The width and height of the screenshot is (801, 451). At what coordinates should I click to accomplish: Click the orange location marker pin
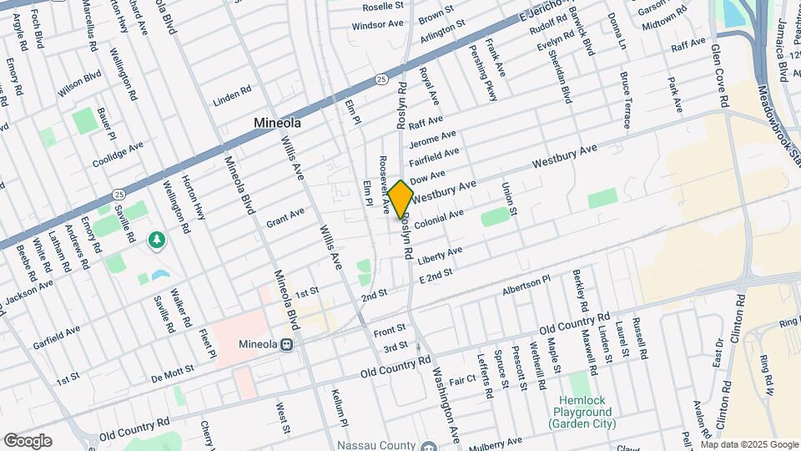(x=400, y=199)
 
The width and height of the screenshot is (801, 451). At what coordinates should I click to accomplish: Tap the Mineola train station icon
(x=286, y=343)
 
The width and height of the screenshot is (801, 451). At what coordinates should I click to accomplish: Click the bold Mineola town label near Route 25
(x=277, y=123)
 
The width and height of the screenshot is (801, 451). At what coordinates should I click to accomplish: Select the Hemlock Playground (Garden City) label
(x=582, y=413)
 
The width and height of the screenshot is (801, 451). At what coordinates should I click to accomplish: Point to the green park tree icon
(x=155, y=241)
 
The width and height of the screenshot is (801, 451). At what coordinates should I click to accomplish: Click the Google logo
(x=28, y=441)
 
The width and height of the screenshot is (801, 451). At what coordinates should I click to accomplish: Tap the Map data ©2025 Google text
(x=748, y=443)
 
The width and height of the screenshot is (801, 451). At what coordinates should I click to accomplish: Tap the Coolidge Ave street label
(x=118, y=150)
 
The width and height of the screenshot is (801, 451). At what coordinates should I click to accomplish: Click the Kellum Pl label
(x=338, y=403)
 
